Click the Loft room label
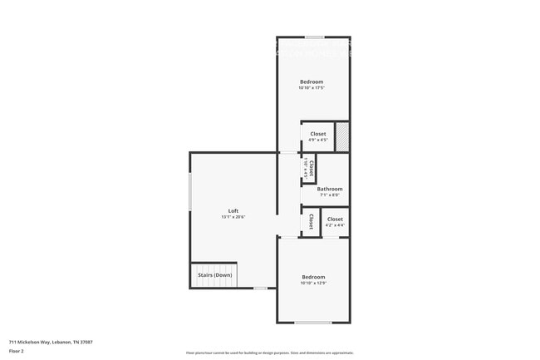tap(233, 210)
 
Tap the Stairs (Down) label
tap(214, 275)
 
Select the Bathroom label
tap(329, 189)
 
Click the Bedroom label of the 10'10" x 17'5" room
tap(312, 81)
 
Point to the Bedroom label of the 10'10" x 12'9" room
tap(313, 277)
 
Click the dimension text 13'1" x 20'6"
tap(233, 217)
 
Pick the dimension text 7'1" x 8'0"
tap(329, 195)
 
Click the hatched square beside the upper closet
tap(341, 136)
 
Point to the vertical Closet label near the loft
tap(311, 221)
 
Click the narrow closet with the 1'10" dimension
tap(309, 169)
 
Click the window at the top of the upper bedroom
tap(314, 37)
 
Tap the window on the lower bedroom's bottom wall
tap(313, 323)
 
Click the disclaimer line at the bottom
tap(269, 353)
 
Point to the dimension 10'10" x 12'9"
tap(313, 284)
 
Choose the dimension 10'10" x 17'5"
tap(312, 88)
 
